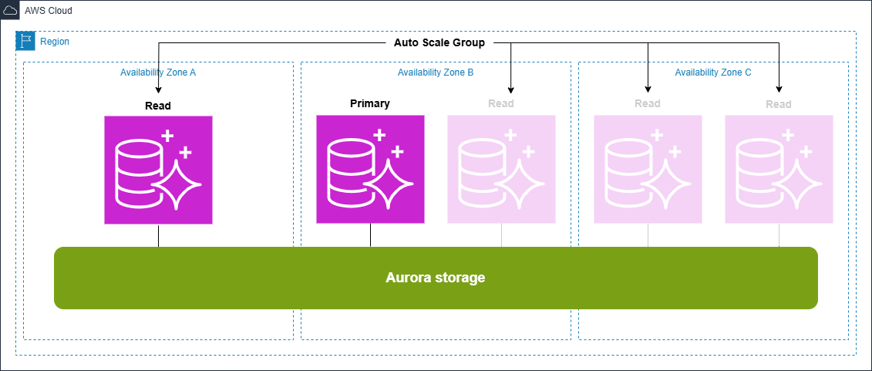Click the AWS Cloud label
[x=49, y=10]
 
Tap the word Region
[x=54, y=42]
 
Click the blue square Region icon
[x=25, y=41]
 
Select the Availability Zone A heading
[x=158, y=73]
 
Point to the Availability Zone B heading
[x=436, y=73]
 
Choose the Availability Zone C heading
[x=713, y=73]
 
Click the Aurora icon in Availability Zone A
[x=158, y=170]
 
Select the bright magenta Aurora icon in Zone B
[x=370, y=169]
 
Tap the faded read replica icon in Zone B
[x=501, y=169]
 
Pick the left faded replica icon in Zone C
[x=648, y=169]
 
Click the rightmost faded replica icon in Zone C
[x=779, y=169]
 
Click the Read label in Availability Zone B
[x=501, y=103]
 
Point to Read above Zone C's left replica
[x=648, y=103]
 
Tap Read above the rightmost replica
[x=779, y=104]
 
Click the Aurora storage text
[x=436, y=278]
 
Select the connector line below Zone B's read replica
[x=502, y=235]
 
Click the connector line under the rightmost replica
[x=779, y=235]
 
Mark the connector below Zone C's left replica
[x=648, y=235]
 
